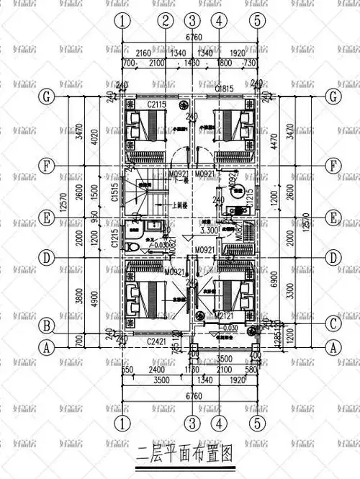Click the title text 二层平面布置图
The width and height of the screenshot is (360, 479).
click(x=185, y=455)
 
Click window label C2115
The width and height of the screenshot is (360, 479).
click(x=157, y=106)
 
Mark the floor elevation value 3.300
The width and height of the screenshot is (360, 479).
click(x=208, y=231)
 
